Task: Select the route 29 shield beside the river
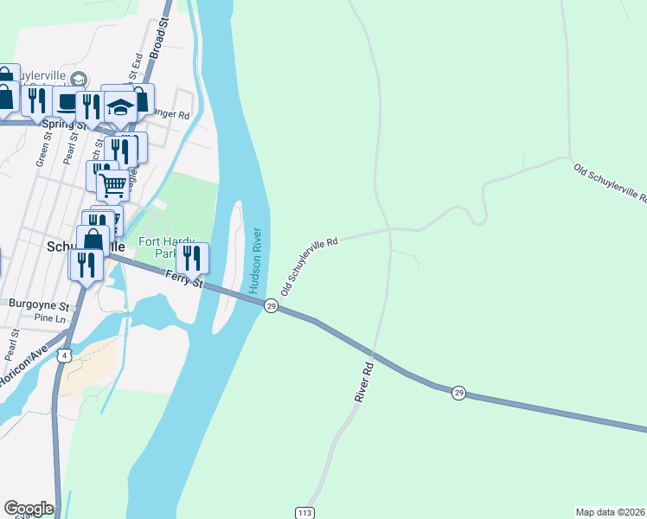point(271,307)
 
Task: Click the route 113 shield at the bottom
point(304,512)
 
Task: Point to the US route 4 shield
point(64,356)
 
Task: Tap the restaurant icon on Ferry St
point(192,257)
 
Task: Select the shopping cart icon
point(112,185)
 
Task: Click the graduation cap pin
point(121,107)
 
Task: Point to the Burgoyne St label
point(37,304)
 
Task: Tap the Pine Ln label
point(48,319)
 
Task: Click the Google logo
point(29,508)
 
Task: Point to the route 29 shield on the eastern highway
point(458,393)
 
